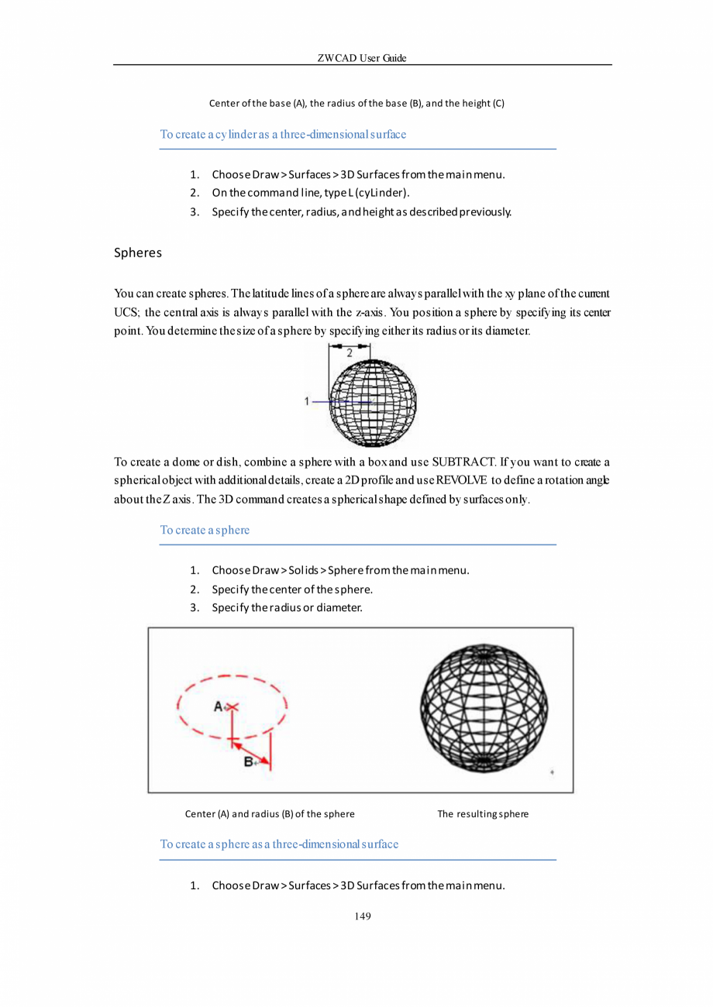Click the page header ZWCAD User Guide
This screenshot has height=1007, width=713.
363,59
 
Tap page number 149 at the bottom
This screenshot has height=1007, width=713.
363,917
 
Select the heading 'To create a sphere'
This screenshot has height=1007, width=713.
205,531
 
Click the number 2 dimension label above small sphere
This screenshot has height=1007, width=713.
350,353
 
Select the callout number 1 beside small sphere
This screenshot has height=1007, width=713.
308,401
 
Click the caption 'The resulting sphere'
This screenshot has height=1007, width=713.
483,814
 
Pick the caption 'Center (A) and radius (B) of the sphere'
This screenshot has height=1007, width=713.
270,814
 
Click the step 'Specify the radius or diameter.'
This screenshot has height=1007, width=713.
287,607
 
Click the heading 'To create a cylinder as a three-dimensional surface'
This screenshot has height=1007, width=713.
283,134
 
